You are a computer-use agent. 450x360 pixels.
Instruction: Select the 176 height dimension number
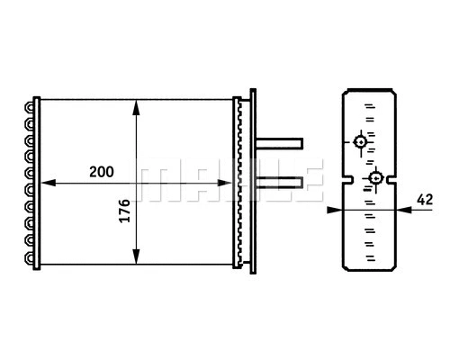pos(123,213)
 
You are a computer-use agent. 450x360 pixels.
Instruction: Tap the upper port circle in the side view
pos(360,142)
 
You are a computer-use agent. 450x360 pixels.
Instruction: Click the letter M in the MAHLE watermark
pos(152,181)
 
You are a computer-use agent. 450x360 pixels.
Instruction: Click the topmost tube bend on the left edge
pos(33,107)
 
